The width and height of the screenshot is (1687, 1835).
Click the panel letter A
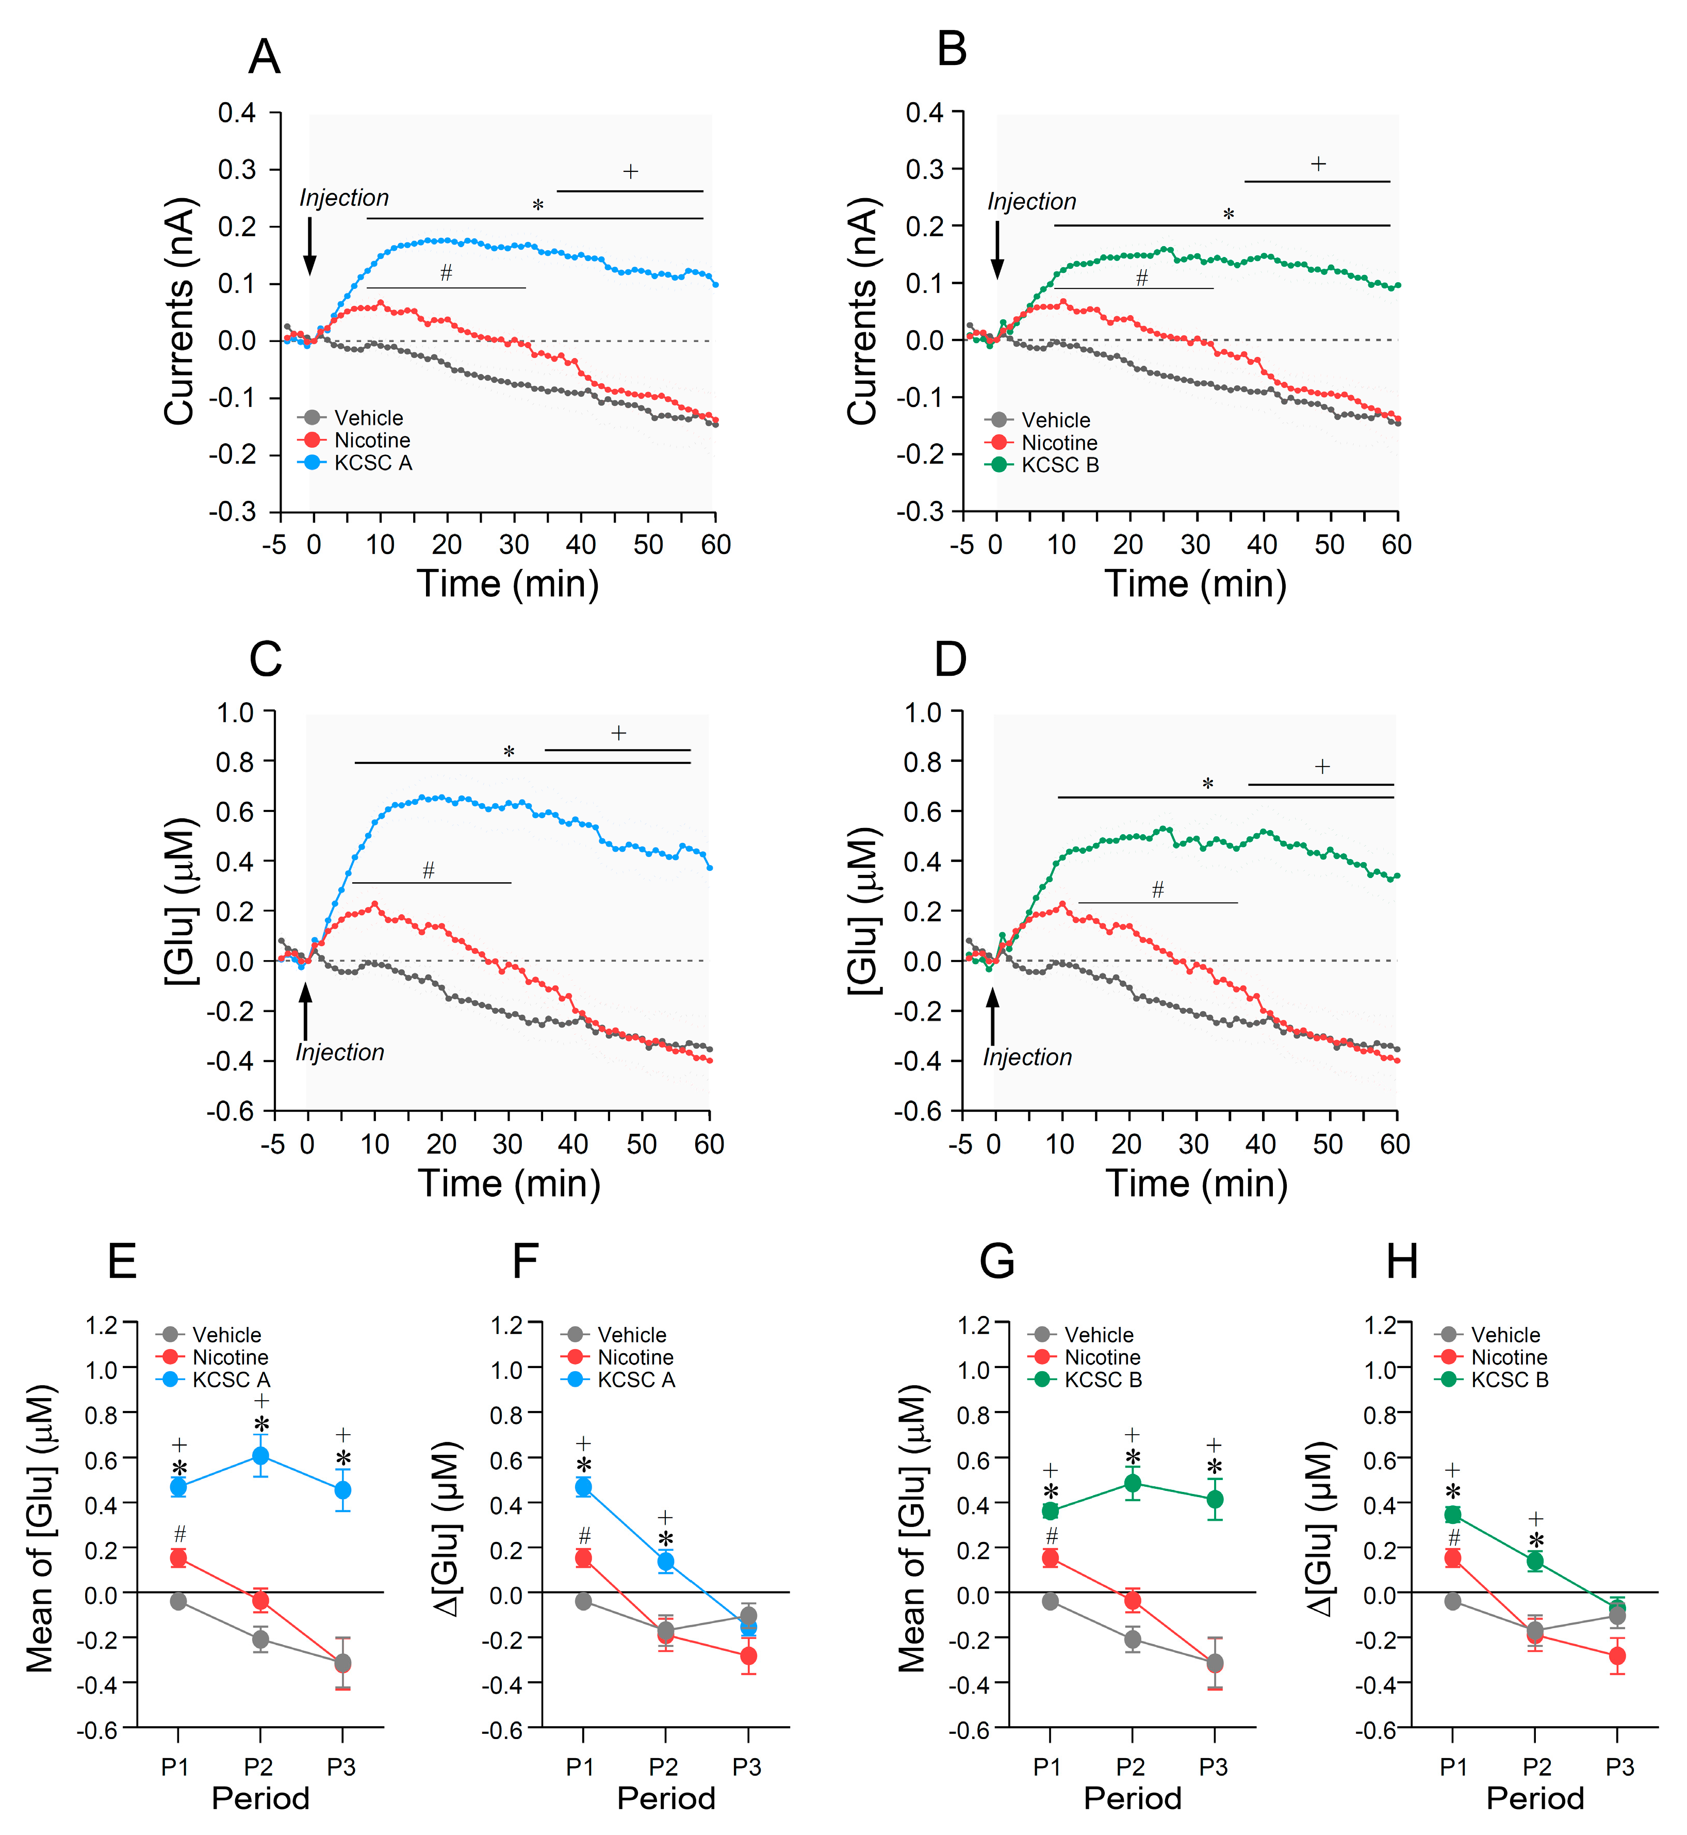(264, 57)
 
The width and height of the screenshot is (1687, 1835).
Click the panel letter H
(1402, 1262)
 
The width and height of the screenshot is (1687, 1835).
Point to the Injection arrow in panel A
(309, 247)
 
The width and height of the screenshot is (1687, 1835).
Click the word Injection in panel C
(339, 1052)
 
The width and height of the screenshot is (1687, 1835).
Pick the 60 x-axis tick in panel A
(716, 545)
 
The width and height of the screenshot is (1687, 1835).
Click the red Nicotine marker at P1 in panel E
(179, 1558)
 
